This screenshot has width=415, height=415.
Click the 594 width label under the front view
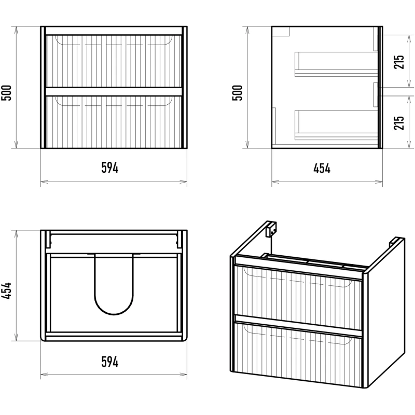[x=110, y=168]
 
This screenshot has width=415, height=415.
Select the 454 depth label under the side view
[x=322, y=168]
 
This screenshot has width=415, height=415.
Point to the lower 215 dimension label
[x=398, y=122]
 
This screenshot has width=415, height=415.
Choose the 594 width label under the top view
[x=110, y=362]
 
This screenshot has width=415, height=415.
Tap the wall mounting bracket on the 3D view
[x=270, y=228]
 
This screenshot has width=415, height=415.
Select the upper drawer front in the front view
[x=114, y=61]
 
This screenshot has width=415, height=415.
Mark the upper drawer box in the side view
[x=335, y=64]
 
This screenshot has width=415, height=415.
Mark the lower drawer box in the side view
[x=335, y=125]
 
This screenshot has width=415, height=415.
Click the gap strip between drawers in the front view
[x=114, y=92]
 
